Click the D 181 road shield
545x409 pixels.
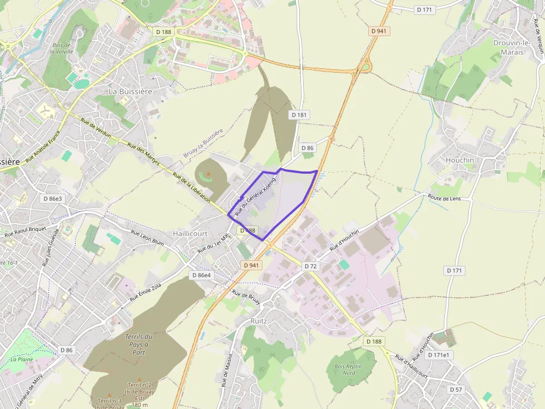click(299, 115)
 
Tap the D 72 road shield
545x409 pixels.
click(310, 266)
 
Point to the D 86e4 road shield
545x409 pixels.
click(201, 275)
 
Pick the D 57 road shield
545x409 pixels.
click(455, 390)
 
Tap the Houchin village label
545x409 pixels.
click(460, 160)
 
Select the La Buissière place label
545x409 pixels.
click(130, 91)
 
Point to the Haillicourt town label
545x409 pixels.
click(190, 234)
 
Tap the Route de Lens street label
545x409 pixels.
click(444, 198)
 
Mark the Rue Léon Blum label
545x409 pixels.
click(147, 238)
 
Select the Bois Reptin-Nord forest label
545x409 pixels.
click(349, 370)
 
